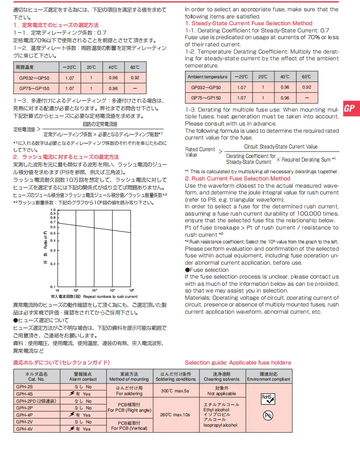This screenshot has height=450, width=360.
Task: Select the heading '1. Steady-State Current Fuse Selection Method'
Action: click(x=249, y=23)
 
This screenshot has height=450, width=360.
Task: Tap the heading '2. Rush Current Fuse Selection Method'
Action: click(x=238, y=179)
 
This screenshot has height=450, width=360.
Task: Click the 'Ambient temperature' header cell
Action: click(x=207, y=77)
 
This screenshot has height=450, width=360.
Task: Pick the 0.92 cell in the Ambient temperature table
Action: click(x=306, y=87)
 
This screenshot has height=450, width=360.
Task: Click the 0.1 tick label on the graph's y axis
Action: click(x=53, y=287)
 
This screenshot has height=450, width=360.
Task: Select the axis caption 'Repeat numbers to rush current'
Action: click(x=110, y=297)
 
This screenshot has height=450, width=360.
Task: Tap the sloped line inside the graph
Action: click(x=94, y=228)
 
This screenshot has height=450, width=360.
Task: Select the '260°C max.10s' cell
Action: click(x=175, y=414)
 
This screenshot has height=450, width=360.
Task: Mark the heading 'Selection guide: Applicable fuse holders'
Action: click(x=238, y=363)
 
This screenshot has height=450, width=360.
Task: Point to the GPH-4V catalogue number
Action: click(x=24, y=429)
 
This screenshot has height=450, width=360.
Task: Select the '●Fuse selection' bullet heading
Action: click(x=207, y=270)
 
